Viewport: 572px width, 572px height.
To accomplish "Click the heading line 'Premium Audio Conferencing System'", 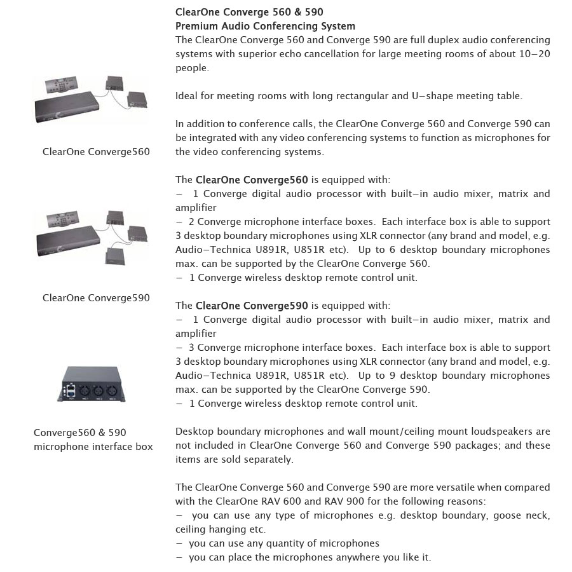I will pos(265,26).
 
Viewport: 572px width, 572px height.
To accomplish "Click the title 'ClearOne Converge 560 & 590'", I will pos(254,12).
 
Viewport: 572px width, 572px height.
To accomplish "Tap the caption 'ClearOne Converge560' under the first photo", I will pos(96,152).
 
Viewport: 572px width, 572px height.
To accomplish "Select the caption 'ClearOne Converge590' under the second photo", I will pos(96,298).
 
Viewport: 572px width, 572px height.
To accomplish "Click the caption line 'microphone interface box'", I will pos(93,447).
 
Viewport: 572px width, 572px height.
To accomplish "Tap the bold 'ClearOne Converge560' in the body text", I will pos(252,180).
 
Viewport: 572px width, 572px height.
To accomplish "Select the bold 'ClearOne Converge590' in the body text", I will pos(252,306).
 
